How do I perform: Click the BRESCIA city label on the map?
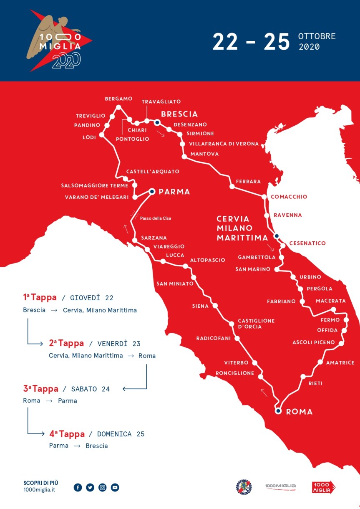179,114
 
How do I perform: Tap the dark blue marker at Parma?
152,191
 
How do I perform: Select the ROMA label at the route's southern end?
299,412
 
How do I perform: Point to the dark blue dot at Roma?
278,411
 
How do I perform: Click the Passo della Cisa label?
156,218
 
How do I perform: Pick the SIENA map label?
200,306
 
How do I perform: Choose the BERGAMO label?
118,99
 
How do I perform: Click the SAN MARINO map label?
253,269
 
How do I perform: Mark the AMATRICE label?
340,362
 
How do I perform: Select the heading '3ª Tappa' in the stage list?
40,389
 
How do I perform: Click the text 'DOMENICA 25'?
121,434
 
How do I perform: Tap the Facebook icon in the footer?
78,487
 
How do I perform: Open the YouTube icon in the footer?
115,487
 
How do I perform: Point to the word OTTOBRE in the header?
317,36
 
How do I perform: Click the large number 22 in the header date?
225,42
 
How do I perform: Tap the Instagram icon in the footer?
103,487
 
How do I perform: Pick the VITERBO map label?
236,362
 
